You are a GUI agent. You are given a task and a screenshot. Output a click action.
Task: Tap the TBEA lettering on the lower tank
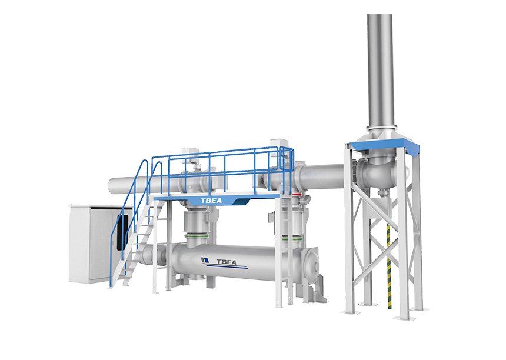pos(226,261)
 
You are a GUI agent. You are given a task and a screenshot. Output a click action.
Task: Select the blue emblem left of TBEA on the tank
pos(205,261)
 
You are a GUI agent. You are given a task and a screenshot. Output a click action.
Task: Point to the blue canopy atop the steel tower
pos(385,145)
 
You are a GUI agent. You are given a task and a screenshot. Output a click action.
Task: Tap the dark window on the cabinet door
pos(122,233)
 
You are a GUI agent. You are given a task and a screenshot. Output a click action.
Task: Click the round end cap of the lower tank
pos(312,261)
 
